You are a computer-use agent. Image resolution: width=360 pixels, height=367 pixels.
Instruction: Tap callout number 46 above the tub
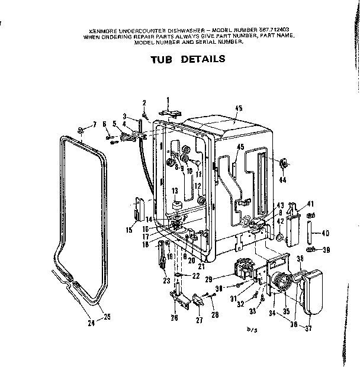[x=239, y=108]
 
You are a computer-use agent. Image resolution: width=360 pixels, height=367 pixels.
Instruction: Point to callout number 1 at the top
[x=168, y=99]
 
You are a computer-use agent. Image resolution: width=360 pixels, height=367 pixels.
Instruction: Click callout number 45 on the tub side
[x=240, y=147]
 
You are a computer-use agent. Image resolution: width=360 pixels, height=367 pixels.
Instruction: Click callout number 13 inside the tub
[x=175, y=190]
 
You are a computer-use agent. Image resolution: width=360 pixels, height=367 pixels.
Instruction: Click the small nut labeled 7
[x=79, y=130]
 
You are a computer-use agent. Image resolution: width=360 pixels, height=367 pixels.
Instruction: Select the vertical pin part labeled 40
[x=310, y=232]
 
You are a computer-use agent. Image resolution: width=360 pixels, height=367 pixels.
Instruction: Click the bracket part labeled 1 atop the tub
[x=169, y=114]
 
